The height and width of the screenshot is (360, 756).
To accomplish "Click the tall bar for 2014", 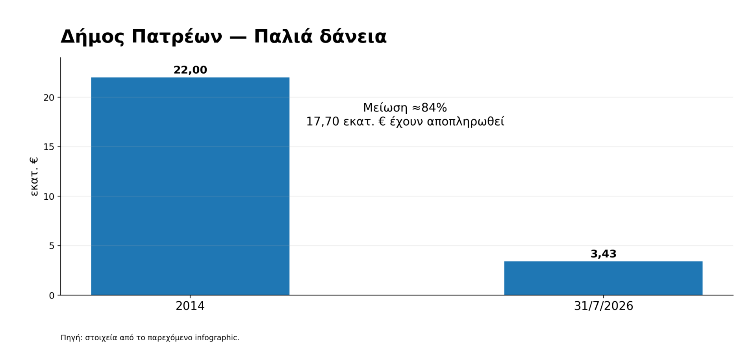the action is point(190,186).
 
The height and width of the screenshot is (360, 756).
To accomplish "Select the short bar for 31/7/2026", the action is point(603,278).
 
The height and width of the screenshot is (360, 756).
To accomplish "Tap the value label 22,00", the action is point(190,70).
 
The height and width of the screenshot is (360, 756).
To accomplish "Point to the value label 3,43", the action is point(603,254).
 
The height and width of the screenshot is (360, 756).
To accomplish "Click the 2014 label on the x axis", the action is point(190,306).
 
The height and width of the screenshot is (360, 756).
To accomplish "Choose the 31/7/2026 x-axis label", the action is point(603,306).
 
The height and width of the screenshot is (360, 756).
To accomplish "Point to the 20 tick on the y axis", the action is point(49,98).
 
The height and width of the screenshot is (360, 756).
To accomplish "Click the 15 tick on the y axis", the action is point(49,147).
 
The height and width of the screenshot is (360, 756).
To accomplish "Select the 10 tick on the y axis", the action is point(49,197).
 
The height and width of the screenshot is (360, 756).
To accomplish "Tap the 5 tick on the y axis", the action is point(52,246).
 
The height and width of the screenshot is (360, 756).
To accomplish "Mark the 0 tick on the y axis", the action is point(52,295).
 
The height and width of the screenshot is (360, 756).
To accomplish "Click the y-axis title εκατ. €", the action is point(34,176).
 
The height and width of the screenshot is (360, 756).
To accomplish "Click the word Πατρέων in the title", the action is point(177,37).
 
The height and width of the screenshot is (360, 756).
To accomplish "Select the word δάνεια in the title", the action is point(353,37).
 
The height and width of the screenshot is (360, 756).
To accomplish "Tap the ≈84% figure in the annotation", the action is point(429,108).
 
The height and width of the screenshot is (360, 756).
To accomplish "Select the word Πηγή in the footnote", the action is point(72,338).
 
